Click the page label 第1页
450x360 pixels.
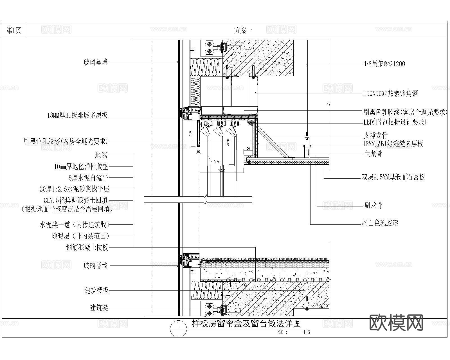click(14, 30)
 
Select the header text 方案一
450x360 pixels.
click(243, 30)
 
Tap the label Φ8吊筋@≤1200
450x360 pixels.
click(384, 64)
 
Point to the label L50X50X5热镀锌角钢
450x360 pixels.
click(390, 94)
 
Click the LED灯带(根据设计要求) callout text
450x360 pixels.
click(395, 122)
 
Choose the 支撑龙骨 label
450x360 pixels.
click(375, 135)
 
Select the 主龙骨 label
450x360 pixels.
click(373, 154)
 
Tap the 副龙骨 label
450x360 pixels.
click(373, 205)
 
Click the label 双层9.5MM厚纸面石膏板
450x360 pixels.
click(393, 177)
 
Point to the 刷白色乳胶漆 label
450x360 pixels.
click(380, 224)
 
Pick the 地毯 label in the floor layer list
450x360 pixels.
click(102, 155)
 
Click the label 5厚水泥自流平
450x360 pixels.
click(88, 178)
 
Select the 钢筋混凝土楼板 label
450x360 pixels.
click(87, 247)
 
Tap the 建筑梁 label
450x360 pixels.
click(99, 308)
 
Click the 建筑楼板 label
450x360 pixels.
click(96, 291)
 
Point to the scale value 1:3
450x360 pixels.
click(306, 332)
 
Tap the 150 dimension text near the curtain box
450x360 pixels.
click(190, 133)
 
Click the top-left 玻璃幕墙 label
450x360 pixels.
click(96, 62)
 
